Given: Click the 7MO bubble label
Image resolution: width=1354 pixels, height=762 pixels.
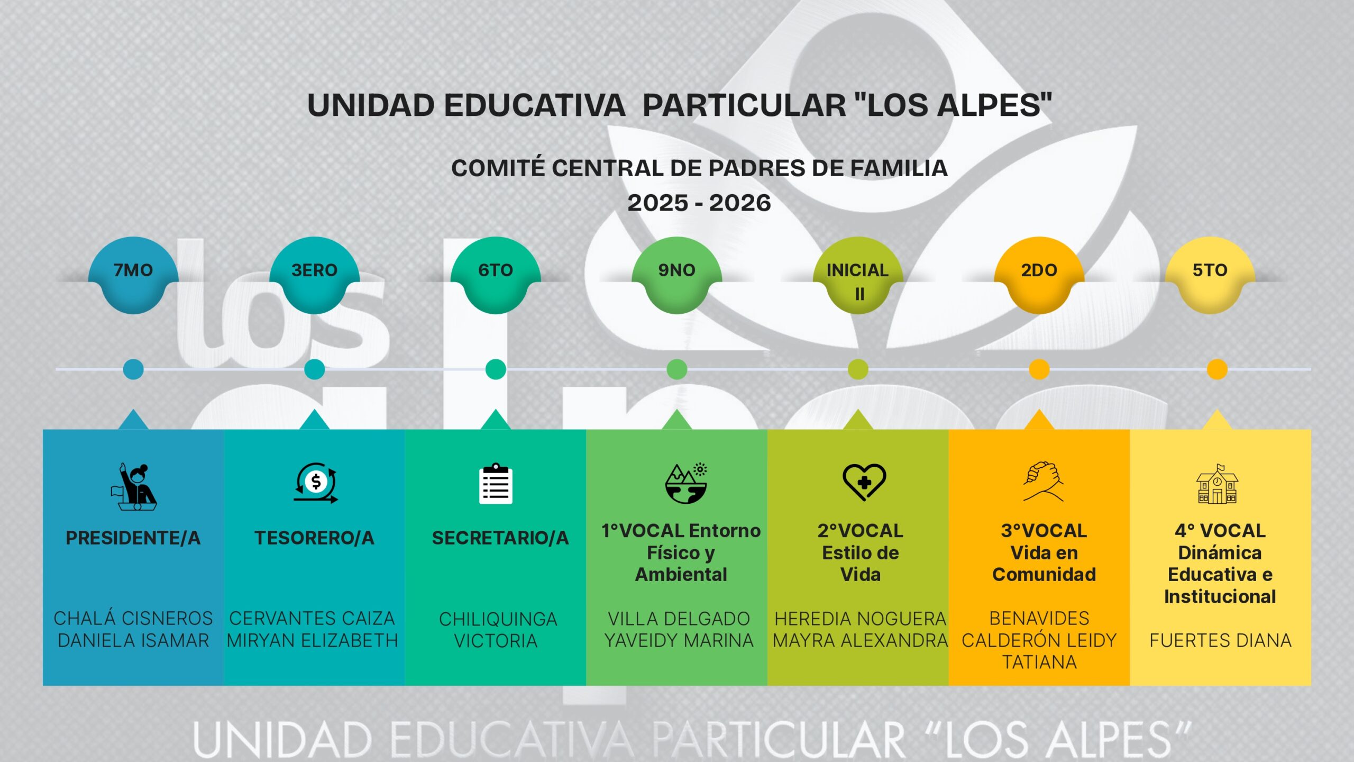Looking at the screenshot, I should click(133, 270).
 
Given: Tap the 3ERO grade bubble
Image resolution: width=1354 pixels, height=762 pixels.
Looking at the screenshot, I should click(315, 270).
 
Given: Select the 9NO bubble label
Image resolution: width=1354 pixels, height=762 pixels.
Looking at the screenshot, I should click(676, 270).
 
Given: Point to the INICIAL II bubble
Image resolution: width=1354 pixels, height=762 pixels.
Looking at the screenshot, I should click(858, 280).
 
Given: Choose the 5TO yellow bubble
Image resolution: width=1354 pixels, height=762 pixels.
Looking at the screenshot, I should click(1210, 270).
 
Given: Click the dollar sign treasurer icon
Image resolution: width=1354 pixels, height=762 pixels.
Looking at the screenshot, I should click(316, 483).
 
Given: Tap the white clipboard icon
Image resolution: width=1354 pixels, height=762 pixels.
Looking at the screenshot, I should click(496, 484).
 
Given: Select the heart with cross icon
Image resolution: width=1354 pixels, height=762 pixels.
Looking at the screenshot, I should click(864, 482).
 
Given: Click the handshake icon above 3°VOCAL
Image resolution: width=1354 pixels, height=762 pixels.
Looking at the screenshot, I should click(1042, 481).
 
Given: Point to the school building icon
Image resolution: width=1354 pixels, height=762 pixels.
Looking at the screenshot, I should click(1217, 484).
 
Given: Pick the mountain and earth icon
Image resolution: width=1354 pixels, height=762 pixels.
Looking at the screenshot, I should click(686, 483).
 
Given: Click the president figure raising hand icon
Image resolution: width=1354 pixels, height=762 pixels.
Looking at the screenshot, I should click(134, 487).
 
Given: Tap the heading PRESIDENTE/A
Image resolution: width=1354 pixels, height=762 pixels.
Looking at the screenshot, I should click(133, 538).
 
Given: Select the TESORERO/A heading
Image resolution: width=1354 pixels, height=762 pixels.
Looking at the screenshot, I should click(315, 538).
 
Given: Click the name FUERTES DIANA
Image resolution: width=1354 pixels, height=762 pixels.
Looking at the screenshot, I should click(1220, 640).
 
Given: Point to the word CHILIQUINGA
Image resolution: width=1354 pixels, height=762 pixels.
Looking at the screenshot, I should click(498, 619).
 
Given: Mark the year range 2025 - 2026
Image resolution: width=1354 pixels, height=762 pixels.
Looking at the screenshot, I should click(699, 203).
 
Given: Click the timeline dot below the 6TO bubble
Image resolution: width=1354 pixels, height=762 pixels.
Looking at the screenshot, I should click(496, 369).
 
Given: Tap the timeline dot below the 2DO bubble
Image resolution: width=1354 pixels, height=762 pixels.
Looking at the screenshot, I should click(1039, 369).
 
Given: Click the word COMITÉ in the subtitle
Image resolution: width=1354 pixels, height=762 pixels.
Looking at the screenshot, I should click(498, 168).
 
